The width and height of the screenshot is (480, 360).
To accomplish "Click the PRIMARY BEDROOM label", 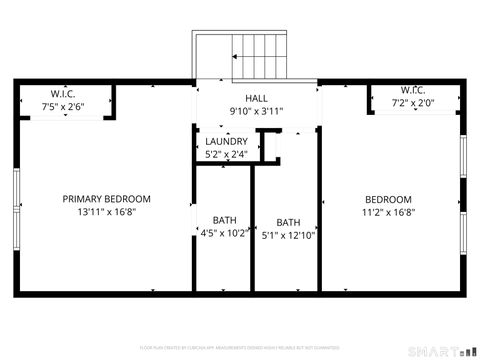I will [106, 199].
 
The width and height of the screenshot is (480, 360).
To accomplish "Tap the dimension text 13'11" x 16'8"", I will [106, 212].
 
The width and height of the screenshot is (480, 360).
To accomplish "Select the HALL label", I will [256, 99].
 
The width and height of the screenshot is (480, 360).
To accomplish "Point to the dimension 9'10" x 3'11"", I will [256, 111].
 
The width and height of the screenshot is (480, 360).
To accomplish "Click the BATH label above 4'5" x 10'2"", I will [224, 220].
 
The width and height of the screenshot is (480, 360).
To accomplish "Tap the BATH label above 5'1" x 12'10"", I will [288, 223].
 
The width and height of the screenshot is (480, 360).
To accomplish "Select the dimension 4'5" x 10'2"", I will [224, 233].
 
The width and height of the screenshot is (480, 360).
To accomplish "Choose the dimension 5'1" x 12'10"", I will [288, 236].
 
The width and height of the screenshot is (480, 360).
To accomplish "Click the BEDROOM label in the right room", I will [387, 199].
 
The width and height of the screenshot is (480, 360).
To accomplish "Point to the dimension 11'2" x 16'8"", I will [387, 212].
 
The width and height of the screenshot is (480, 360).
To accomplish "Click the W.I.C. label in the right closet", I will [414, 90].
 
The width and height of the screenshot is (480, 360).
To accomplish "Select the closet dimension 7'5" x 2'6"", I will [62, 105].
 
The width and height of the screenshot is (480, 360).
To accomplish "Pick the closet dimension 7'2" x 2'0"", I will [414, 102].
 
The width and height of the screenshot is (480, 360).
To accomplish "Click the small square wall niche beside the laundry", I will [270, 145].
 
